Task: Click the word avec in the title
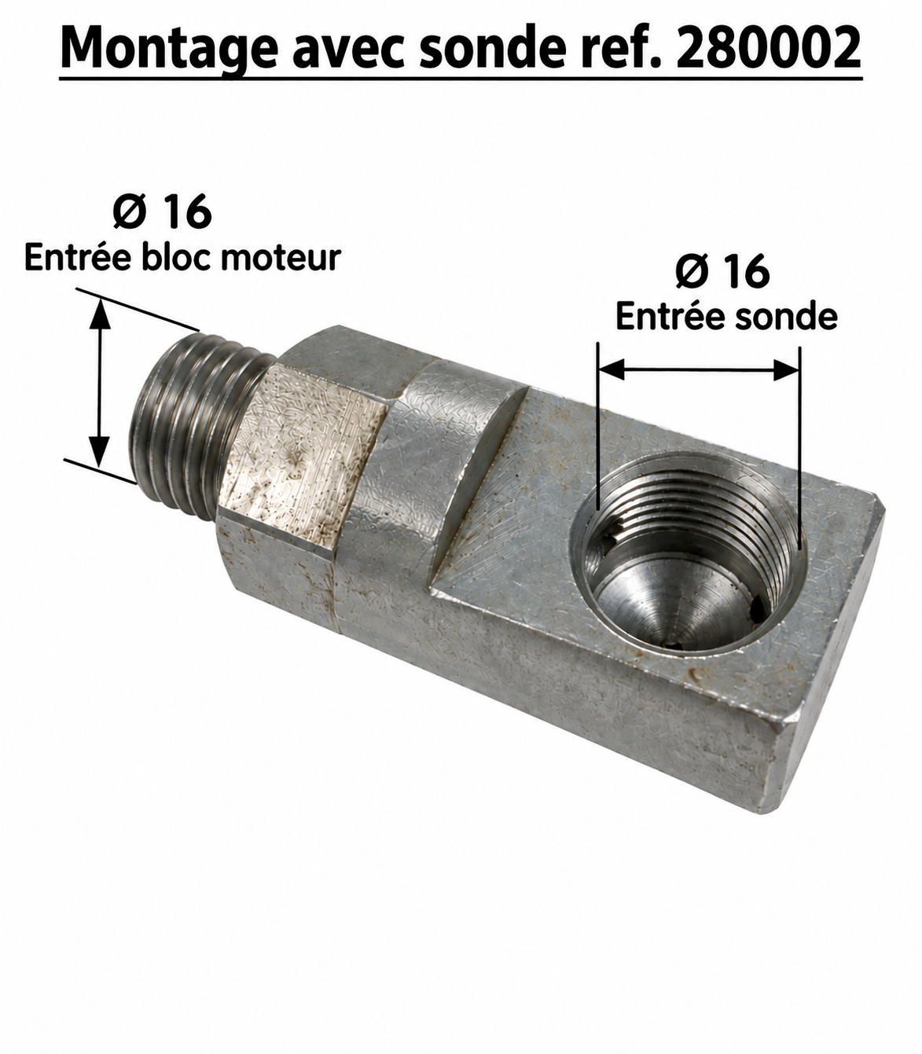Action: tap(349, 51)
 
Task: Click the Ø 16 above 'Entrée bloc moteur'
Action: tap(162, 211)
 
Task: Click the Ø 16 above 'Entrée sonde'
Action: tap(722, 272)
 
